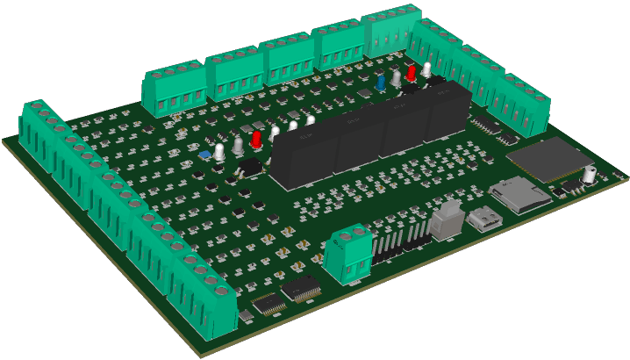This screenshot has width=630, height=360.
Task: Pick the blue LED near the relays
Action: pos(382,82)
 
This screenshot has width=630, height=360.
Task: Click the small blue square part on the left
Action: pos(204,155)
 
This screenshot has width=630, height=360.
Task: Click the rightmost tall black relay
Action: pos(447,112)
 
